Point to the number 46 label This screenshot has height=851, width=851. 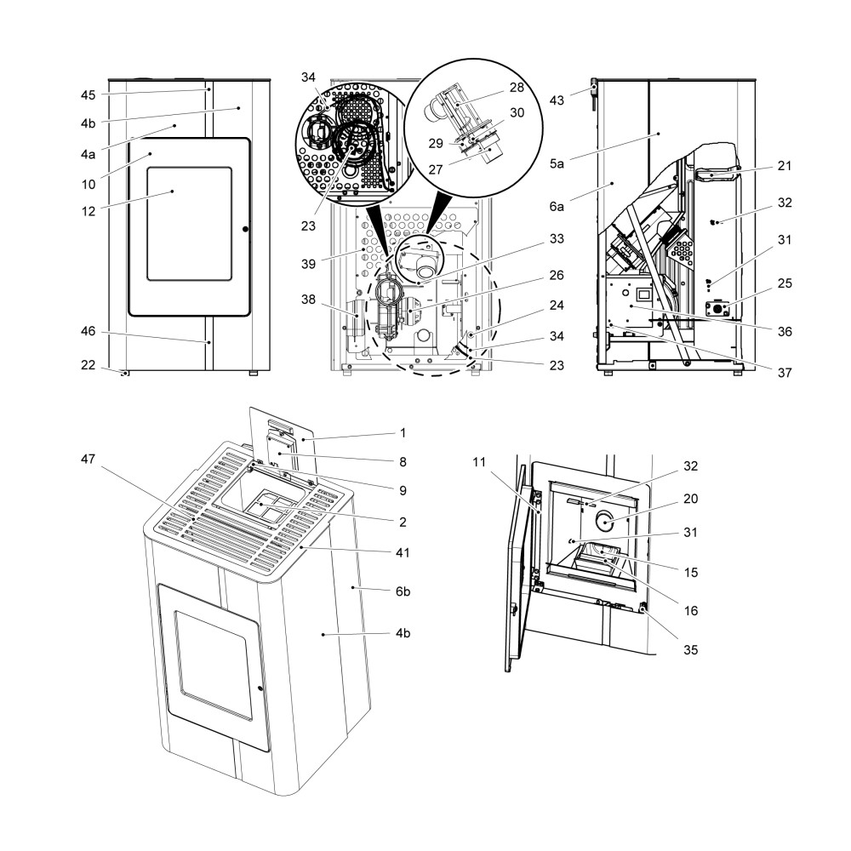tap(89, 332)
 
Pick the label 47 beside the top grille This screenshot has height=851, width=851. tap(89, 459)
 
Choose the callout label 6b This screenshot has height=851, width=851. tap(404, 590)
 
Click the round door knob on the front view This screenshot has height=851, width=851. tap(245, 229)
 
